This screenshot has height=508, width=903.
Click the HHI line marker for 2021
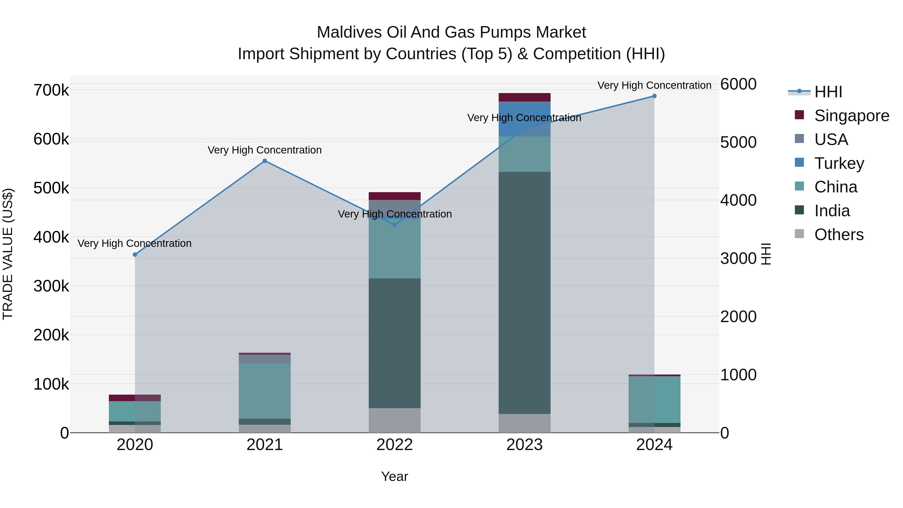265,161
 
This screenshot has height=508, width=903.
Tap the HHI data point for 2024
654,96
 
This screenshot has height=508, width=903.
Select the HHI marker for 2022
395,225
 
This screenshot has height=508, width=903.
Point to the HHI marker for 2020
135,255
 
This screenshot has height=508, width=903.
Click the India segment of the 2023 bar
524,293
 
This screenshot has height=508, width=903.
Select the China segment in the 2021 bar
265,391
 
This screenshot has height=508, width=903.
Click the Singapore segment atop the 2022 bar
395,196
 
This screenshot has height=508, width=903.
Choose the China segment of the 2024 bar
654,400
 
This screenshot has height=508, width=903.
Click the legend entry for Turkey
839,163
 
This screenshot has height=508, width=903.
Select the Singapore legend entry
851,116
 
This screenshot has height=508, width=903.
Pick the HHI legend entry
828,92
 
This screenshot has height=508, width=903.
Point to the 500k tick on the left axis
51,188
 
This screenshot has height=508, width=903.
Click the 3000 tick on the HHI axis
738,259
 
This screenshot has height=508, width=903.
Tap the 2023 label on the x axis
524,445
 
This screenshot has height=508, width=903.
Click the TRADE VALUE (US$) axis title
8,254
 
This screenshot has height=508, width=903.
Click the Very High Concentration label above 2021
265,150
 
